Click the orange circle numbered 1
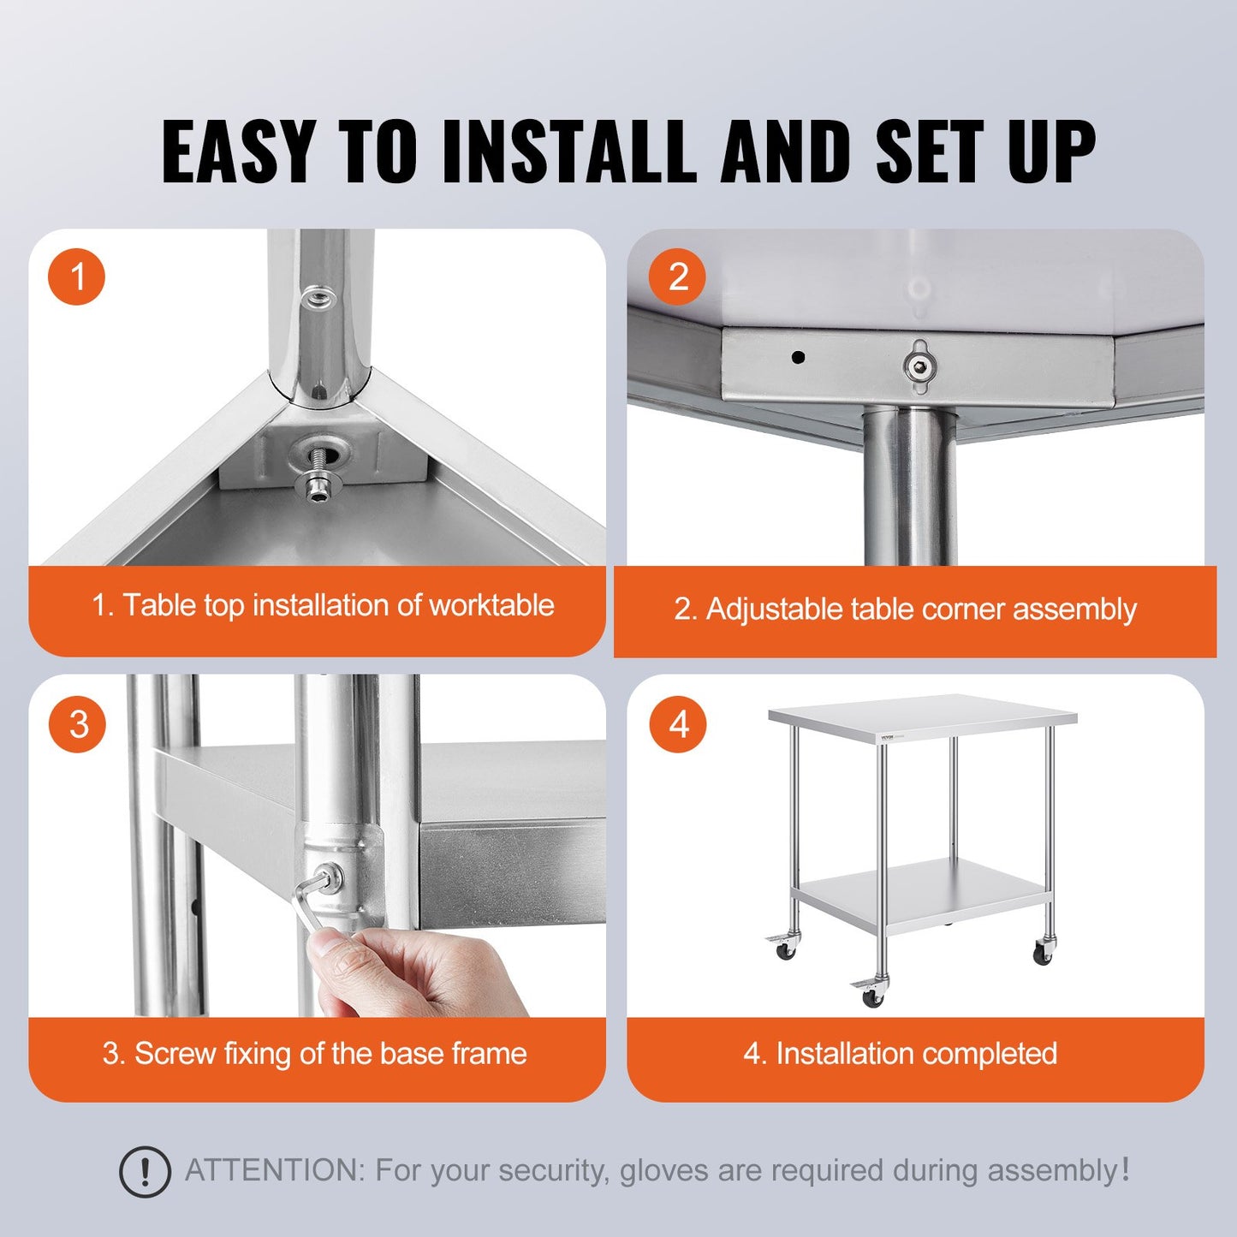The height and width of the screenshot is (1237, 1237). (77, 277)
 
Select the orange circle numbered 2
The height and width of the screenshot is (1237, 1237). (677, 277)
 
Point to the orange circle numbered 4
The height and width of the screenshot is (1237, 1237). (677, 724)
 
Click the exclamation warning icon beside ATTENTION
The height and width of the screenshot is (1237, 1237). (145, 1171)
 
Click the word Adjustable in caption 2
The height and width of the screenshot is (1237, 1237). (774, 610)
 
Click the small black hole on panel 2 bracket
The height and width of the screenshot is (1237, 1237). (798, 357)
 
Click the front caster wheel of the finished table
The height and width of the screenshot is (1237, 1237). (871, 996)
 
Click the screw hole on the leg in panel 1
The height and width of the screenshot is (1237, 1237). (318, 298)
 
